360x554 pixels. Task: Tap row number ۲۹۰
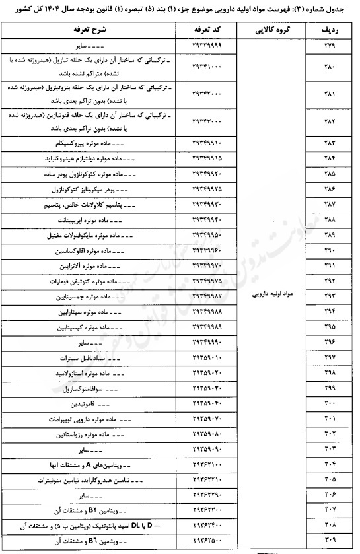pos(330,253)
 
